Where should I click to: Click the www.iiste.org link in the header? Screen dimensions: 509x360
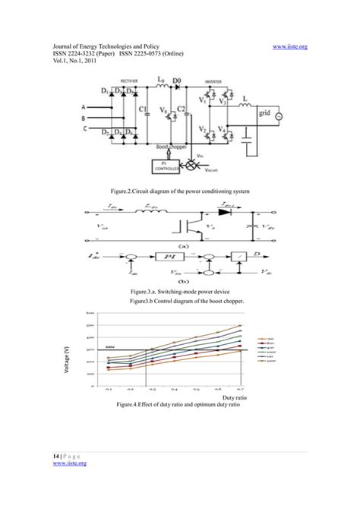(289, 46)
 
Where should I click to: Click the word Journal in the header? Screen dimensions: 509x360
(65, 46)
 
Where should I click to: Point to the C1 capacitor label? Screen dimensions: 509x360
(144, 109)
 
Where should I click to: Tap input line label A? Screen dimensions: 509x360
(83, 108)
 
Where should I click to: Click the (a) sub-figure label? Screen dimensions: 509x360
(182, 245)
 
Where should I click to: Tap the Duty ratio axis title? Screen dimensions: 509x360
(236, 397)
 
